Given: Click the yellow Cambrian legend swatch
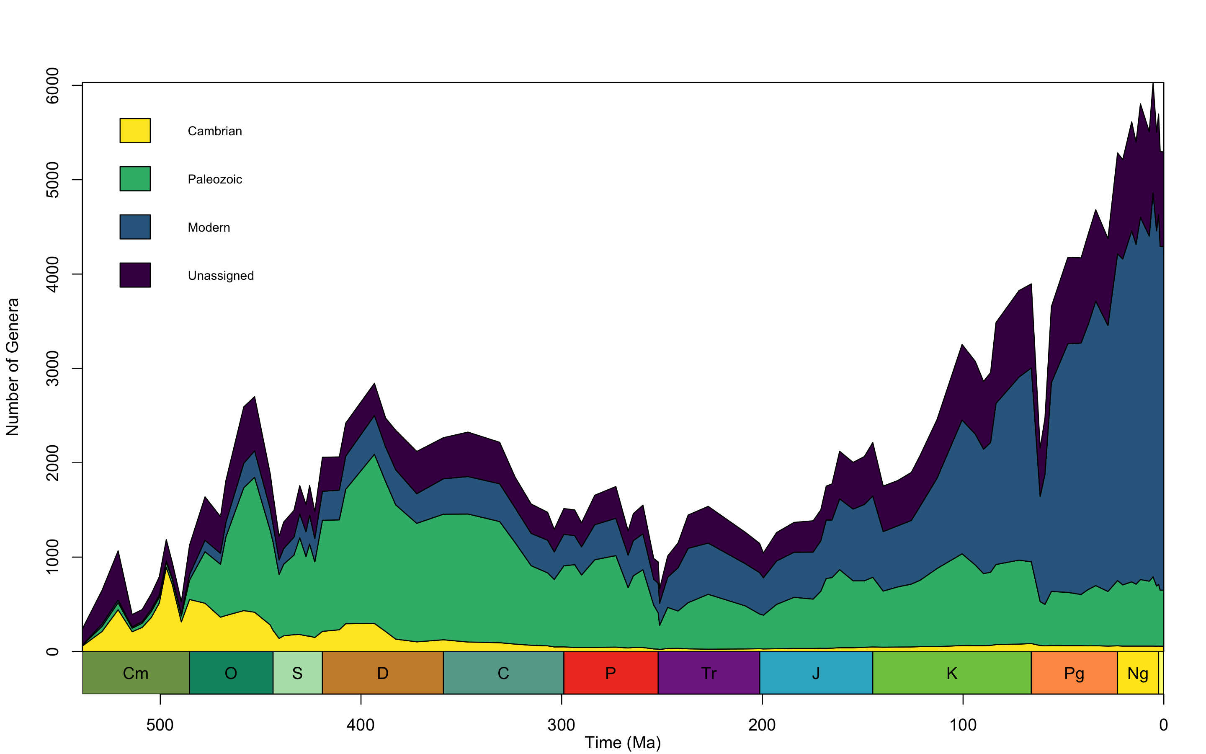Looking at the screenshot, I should [x=135, y=131].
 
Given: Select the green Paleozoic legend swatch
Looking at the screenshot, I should [x=135, y=178].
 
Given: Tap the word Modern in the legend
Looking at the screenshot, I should [x=209, y=227].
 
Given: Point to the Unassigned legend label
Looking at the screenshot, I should [x=221, y=276].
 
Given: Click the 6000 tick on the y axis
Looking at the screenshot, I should [x=52, y=86].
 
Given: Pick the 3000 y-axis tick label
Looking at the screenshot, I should [x=52, y=369].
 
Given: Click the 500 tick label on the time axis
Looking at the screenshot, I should [x=160, y=725].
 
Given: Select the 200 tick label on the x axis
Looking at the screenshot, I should [x=762, y=725].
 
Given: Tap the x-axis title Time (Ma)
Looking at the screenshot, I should [x=622, y=743].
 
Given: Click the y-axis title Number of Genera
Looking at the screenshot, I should [x=13, y=367].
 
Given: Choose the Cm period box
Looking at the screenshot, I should [x=136, y=673].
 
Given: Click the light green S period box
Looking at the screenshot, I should [x=297, y=673].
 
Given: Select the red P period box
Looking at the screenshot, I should [x=611, y=673].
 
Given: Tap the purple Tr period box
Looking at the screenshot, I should [x=709, y=673].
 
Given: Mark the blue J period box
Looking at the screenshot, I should [x=816, y=673].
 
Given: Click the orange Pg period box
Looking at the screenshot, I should [x=1074, y=673].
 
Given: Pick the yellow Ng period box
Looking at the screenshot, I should [x=1138, y=673].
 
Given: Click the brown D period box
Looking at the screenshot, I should [x=383, y=673].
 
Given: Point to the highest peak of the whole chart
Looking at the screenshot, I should [x=1153, y=84].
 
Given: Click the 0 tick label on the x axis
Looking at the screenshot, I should [x=1163, y=725].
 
